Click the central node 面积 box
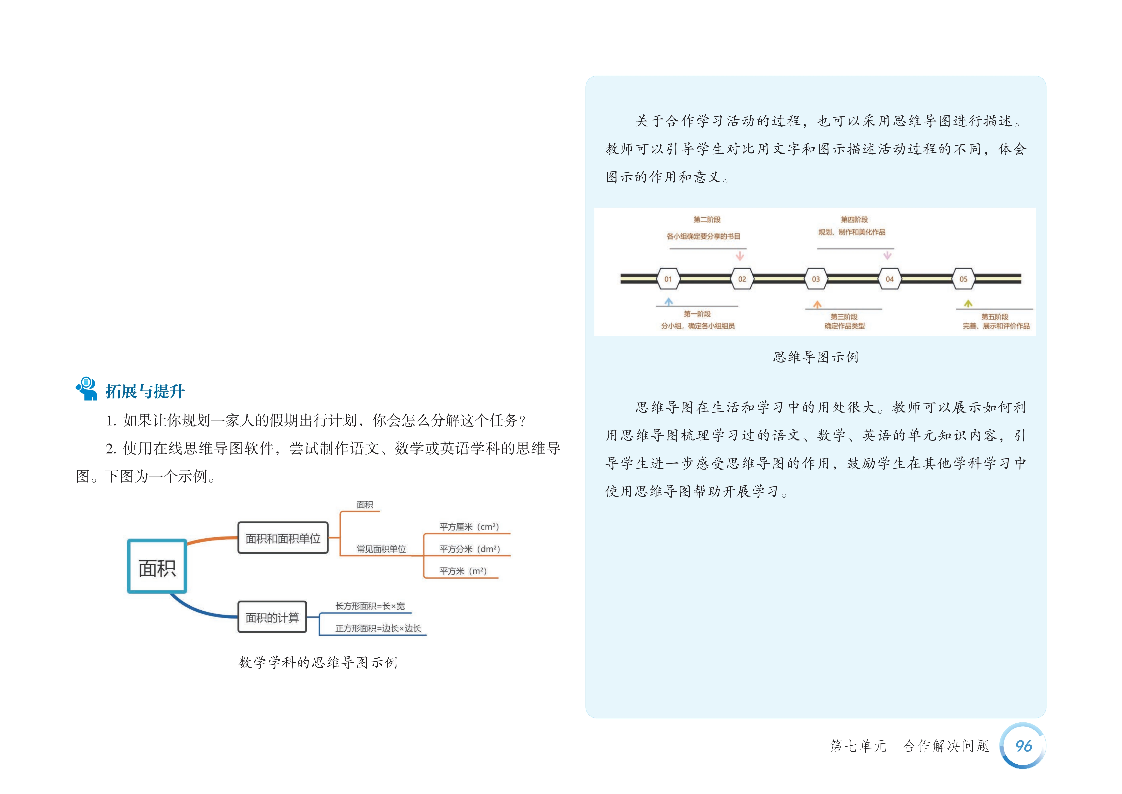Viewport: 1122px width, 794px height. (x=157, y=567)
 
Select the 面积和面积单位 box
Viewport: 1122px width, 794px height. (x=283, y=538)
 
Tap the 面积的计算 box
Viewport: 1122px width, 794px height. (x=272, y=617)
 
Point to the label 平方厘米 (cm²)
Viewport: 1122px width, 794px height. (x=469, y=527)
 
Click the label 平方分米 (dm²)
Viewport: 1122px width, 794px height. (x=469, y=549)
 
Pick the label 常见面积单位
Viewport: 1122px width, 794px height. (x=381, y=549)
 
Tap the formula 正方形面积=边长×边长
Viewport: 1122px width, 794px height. (x=378, y=628)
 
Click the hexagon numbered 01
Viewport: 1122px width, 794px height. (x=668, y=279)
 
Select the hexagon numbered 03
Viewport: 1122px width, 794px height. (x=816, y=279)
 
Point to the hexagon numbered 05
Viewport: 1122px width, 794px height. (x=963, y=279)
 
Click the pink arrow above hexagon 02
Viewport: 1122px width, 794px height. (x=740, y=256)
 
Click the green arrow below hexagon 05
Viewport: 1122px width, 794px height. (x=967, y=304)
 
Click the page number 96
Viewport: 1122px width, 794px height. (x=1023, y=746)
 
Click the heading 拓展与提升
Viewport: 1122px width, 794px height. (x=145, y=391)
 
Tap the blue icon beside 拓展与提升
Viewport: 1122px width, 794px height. (x=87, y=389)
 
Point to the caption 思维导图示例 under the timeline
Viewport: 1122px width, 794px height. (x=815, y=357)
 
